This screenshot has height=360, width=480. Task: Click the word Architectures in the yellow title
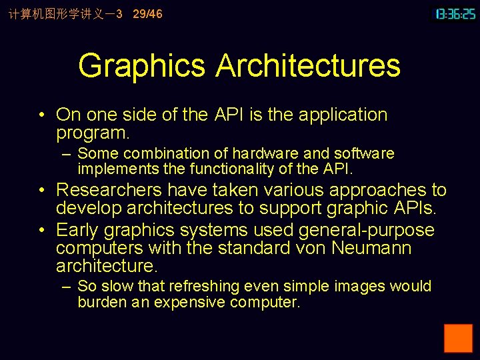(x=307, y=66)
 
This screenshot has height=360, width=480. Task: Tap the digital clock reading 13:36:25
(x=455, y=14)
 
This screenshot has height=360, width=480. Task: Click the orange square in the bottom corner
(x=458, y=338)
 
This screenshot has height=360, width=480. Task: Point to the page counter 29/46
(x=147, y=14)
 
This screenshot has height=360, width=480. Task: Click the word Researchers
(x=109, y=191)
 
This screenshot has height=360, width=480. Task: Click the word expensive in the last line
(x=189, y=303)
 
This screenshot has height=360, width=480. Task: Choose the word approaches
(x=371, y=191)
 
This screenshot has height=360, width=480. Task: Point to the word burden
(x=99, y=303)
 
